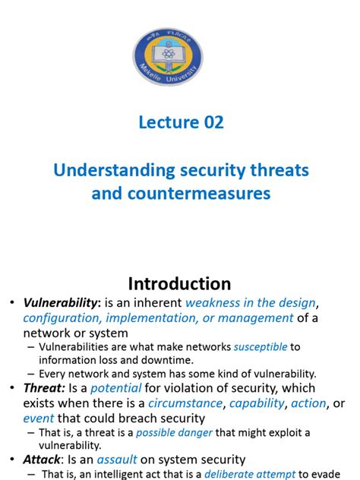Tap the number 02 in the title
pyautogui.click(x=210, y=122)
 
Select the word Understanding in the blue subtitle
pyautogui.click(x=102, y=171)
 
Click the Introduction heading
pyautogui.click(x=179, y=283)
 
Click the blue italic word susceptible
pyautogui.click(x=260, y=346)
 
